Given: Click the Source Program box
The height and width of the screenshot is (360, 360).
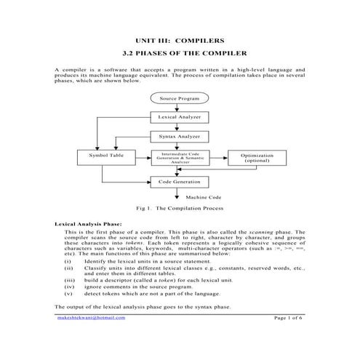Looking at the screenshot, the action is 179,97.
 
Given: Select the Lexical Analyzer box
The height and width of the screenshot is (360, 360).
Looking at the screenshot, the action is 179,116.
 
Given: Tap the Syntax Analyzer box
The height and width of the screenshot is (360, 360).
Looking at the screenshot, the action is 179,136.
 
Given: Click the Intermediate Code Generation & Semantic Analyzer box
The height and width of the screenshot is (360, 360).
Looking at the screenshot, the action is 180,157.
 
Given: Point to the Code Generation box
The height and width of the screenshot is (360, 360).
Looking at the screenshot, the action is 179,181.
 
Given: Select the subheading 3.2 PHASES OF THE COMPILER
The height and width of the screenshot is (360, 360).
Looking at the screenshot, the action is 180,53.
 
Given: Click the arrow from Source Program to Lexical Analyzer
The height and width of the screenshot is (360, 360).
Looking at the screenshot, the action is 179,107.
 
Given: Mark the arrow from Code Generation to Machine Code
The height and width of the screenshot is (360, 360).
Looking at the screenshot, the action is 179,193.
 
